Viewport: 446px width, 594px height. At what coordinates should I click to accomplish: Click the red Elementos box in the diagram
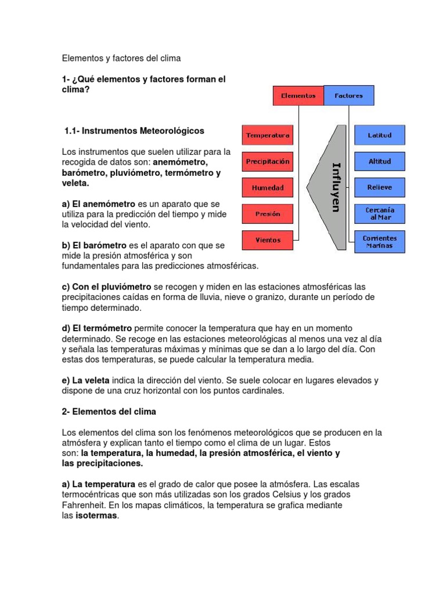[x=298, y=96]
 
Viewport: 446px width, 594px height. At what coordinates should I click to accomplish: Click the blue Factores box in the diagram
[x=348, y=96]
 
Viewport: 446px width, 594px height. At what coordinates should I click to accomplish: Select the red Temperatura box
[x=267, y=135]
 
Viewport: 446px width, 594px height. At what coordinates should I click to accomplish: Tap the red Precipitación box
[x=267, y=161]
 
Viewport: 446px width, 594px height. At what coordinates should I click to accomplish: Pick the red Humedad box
[x=267, y=187]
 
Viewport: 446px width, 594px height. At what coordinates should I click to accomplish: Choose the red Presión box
[x=267, y=213]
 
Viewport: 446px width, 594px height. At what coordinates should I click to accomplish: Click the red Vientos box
[x=267, y=240]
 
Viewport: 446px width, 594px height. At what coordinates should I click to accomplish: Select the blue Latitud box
[x=379, y=135]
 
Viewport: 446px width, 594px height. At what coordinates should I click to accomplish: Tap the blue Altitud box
[x=379, y=161]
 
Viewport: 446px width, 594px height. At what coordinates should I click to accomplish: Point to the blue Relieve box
[x=379, y=187]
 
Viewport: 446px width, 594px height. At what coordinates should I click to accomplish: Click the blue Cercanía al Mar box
[x=379, y=213]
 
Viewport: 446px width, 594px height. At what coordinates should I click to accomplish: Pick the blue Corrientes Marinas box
[x=379, y=241]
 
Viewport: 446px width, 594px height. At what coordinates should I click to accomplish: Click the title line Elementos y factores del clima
[x=121, y=59]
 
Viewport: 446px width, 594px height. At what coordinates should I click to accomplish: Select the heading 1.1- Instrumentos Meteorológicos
[x=134, y=131]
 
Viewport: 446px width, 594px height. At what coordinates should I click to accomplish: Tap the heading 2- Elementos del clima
[x=109, y=411]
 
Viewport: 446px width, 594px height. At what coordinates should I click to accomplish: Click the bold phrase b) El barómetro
[x=94, y=245]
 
